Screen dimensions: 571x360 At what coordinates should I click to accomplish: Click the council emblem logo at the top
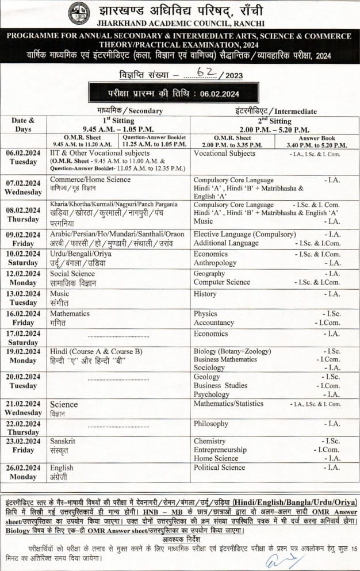click(x=79, y=14)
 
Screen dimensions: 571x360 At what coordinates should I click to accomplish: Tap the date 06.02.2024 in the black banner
click(x=216, y=93)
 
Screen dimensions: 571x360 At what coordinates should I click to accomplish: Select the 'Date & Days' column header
click(x=23, y=125)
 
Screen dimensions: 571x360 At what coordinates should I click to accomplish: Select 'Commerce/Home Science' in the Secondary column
click(x=90, y=179)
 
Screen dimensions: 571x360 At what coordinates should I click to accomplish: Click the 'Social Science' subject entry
click(x=72, y=274)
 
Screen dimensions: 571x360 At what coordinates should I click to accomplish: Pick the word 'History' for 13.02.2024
click(x=205, y=294)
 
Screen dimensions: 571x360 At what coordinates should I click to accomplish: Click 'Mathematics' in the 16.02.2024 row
click(x=70, y=314)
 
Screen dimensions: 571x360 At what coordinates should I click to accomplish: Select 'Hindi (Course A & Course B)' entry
click(x=96, y=351)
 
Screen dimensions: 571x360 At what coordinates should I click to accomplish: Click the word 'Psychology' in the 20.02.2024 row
click(x=211, y=394)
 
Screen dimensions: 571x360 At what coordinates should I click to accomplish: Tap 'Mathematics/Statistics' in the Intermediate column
click(x=228, y=404)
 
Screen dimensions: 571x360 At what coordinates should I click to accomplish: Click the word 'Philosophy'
click(x=211, y=424)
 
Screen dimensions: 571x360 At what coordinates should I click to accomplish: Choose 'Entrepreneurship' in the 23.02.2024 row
click(x=220, y=450)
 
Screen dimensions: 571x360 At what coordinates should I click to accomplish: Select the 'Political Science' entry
click(x=220, y=467)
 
